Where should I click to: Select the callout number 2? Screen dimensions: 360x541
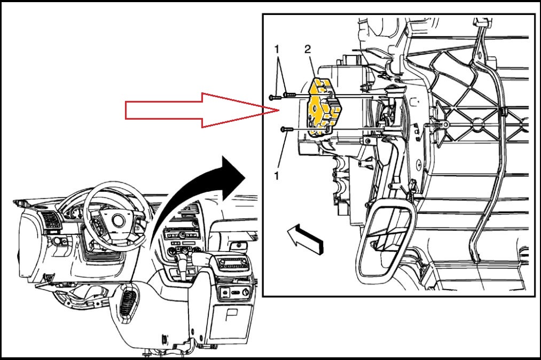coord(307,50)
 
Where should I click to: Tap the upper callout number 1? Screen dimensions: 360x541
coord(276,50)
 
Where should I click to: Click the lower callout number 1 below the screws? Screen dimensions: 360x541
coord(276,175)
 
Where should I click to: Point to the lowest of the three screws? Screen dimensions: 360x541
coord(286,129)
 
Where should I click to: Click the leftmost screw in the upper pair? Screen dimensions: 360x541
coord(275,97)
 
